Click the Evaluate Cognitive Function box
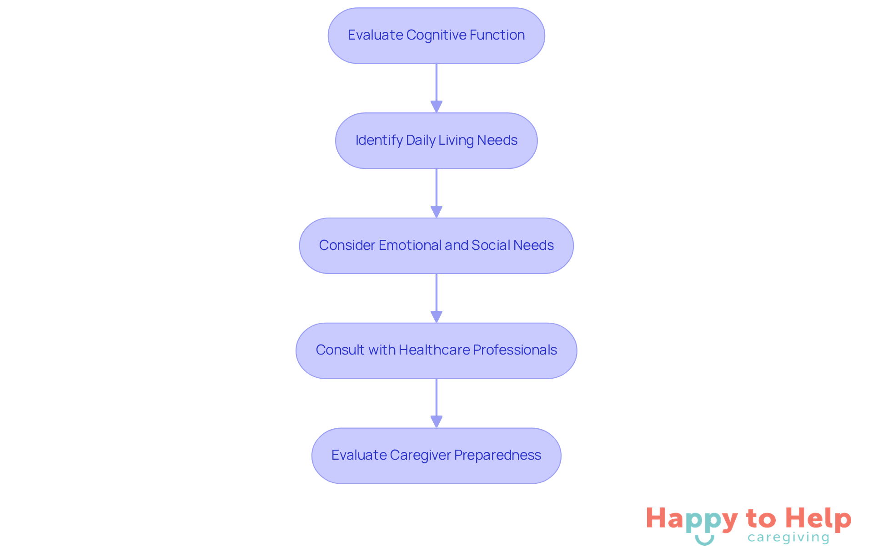tap(436, 36)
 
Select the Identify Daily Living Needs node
tap(436, 141)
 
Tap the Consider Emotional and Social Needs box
tap(436, 246)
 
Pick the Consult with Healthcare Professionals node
tap(436, 351)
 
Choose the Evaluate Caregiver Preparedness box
tap(436, 456)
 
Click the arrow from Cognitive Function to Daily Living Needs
tap(436, 88)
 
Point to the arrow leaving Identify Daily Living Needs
tap(436, 193)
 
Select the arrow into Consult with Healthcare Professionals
tap(436, 299)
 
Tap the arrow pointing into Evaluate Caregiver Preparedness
tap(436, 404)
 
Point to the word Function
tap(497, 35)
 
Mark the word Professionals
tap(515, 350)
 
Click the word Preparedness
tap(497, 455)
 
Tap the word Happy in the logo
tap(692, 520)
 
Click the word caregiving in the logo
tap(788, 538)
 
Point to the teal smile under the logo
tap(705, 540)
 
